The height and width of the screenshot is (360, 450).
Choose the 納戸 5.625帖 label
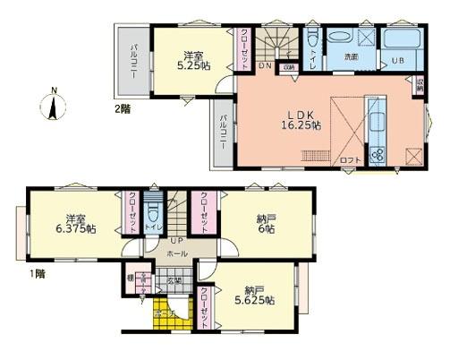tap(257, 295)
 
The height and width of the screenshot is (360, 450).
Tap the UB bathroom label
tap(397, 62)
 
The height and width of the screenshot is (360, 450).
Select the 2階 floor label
tap(121, 109)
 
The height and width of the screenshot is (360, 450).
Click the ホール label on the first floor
tap(176, 254)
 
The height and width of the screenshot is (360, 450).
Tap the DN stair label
tap(266, 65)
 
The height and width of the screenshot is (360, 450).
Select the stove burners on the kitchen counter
tap(377, 154)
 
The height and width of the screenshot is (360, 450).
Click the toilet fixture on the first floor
tap(154, 215)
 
